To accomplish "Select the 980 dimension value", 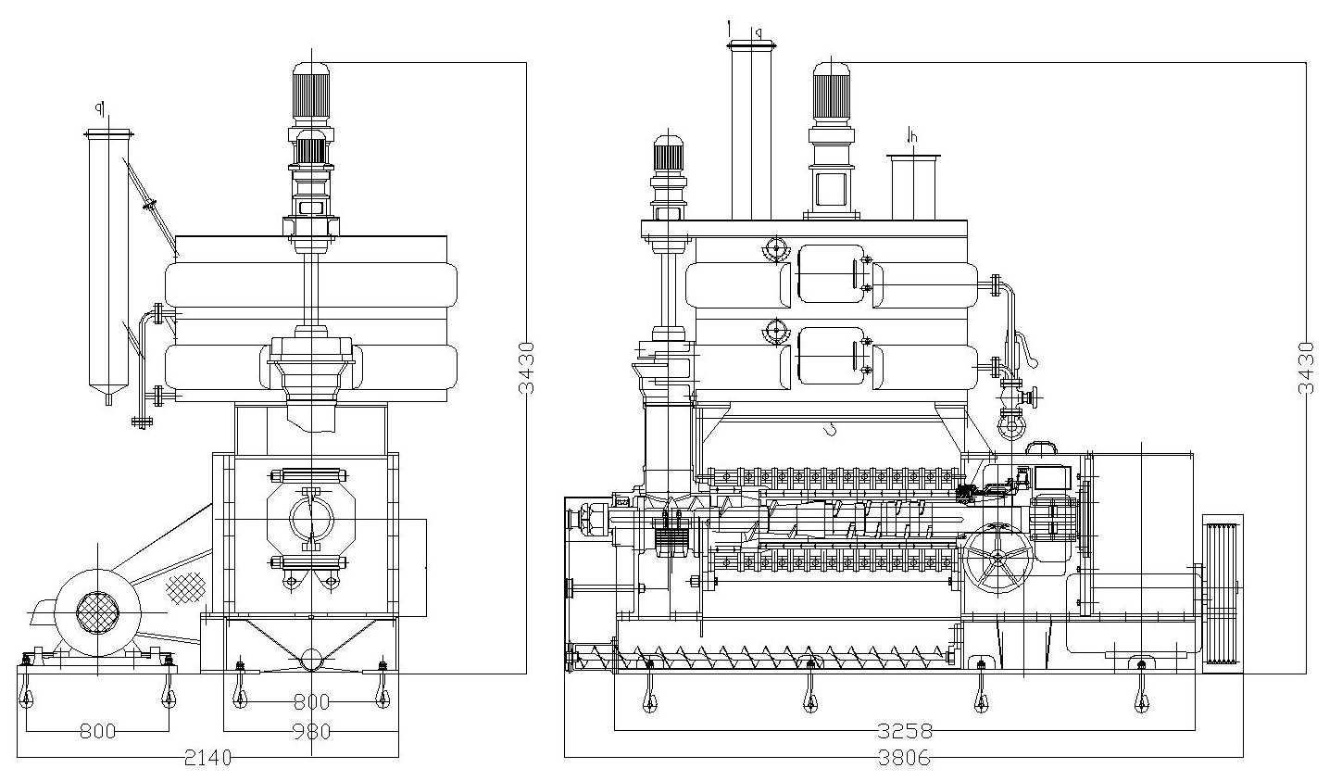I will pyautogui.click(x=312, y=732).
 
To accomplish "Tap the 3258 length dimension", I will pyautogui.click(x=904, y=731).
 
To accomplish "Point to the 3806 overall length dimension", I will pyautogui.click(x=904, y=758).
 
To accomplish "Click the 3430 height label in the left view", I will pyautogui.click(x=526, y=368).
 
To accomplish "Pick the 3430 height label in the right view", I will pyautogui.click(x=1306, y=368).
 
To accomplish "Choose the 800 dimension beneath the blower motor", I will pyautogui.click(x=97, y=732).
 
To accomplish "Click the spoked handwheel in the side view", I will pyautogui.click(x=996, y=559).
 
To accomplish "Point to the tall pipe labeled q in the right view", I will pyautogui.click(x=750, y=130).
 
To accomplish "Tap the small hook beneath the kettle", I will pyautogui.click(x=832, y=427).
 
